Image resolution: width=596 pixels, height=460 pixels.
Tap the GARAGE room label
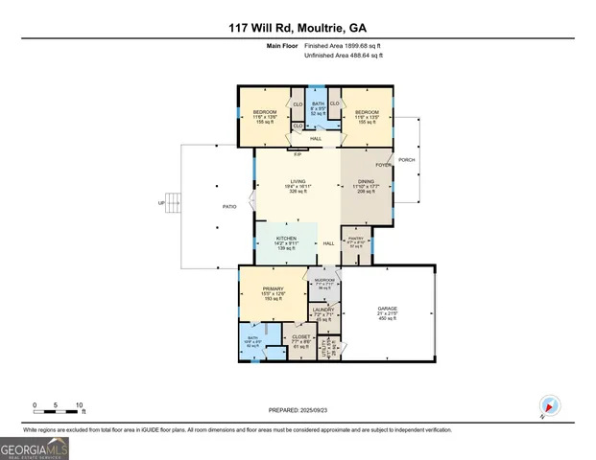coord(387,310)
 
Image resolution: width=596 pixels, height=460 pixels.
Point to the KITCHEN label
coord(286,239)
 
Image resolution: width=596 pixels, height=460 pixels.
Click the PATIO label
coord(229,206)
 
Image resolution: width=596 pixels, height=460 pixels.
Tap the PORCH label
coord(407,160)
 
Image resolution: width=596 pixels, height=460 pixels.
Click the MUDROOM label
coord(323,280)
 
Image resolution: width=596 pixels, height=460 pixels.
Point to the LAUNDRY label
coord(322,310)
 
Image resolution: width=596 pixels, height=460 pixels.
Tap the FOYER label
coord(383,165)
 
